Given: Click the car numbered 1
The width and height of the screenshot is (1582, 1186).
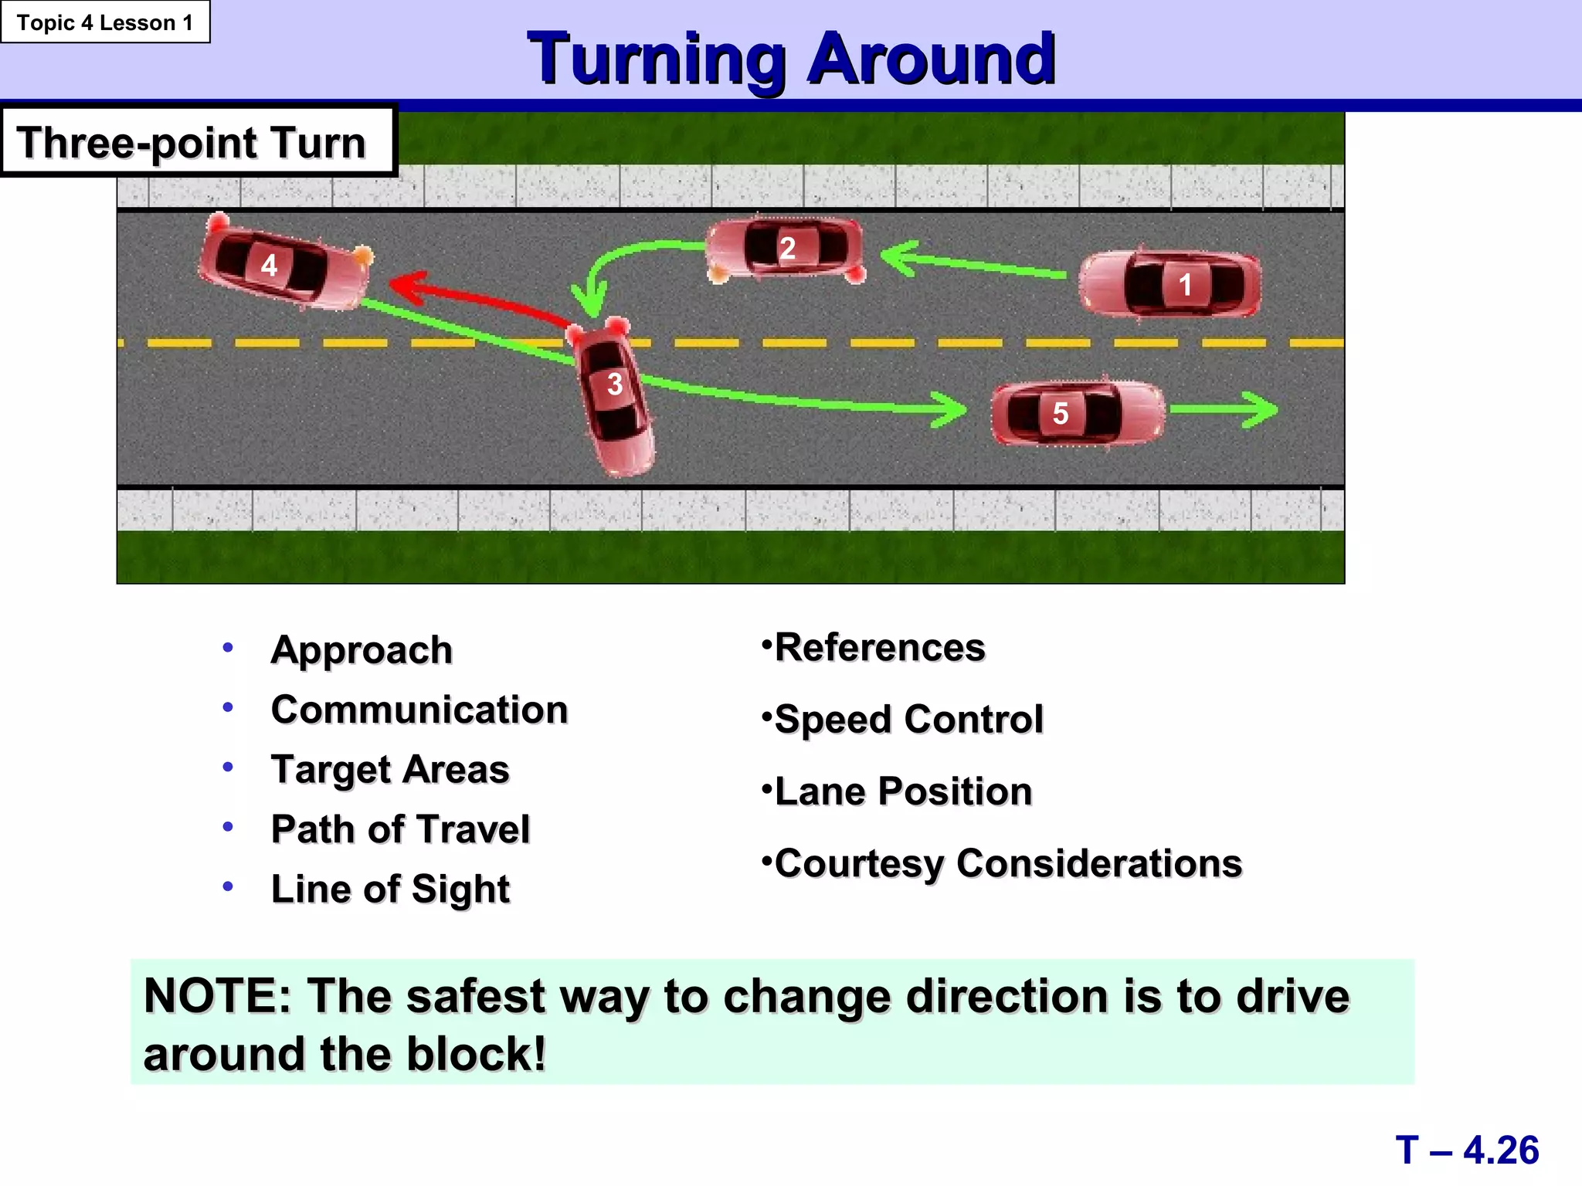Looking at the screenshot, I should (x=1170, y=284).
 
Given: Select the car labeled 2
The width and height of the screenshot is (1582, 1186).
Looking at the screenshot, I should (x=786, y=249).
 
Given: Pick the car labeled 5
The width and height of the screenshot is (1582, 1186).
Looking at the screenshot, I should (x=1077, y=413).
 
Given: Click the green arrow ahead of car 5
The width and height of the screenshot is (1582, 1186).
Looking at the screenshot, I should (x=1228, y=409).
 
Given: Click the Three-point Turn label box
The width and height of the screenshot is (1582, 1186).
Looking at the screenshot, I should (x=198, y=142).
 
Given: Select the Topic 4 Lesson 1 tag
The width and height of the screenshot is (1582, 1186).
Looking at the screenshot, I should (x=105, y=22).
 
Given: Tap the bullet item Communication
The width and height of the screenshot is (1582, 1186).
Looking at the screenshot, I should (x=419, y=710).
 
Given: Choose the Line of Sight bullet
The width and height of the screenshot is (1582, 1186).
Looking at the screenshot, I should (x=390, y=889).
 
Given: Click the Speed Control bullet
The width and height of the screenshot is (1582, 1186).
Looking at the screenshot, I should (x=908, y=720).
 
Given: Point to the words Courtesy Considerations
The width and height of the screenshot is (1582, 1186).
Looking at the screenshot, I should (x=1008, y=863).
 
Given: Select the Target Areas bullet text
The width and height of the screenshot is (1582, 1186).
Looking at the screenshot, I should (x=390, y=770).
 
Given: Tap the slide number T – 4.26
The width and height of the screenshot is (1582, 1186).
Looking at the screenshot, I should (x=1466, y=1150).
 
